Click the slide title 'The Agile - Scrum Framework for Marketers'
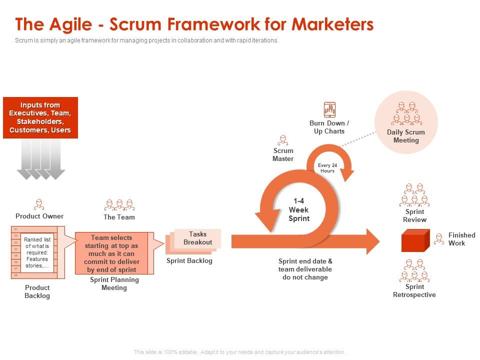pyautogui.click(x=194, y=24)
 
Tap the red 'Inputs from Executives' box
pyautogui.click(x=40, y=117)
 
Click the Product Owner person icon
pyautogui.click(x=39, y=204)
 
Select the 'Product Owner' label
pyautogui.click(x=39, y=216)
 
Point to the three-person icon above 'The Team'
pyautogui.click(x=119, y=205)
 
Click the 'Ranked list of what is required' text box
pyautogui.click(x=37, y=252)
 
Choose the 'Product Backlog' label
pyautogui.click(x=37, y=291)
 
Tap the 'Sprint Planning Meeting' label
pyautogui.click(x=114, y=283)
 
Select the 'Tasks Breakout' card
pyautogui.click(x=197, y=238)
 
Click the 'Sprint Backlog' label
pyautogui.click(x=189, y=261)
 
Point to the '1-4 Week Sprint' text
pyautogui.click(x=299, y=210)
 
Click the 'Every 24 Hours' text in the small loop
pyautogui.click(x=327, y=167)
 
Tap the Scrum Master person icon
pyautogui.click(x=283, y=140)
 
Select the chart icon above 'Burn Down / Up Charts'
pyautogui.click(x=329, y=109)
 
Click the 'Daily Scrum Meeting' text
pyautogui.click(x=406, y=136)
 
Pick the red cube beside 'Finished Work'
pyautogui.click(x=415, y=240)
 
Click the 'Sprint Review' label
pyautogui.click(x=414, y=215)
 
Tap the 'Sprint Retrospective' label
pyautogui.click(x=414, y=290)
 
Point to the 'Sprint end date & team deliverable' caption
pyautogui.click(x=305, y=269)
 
